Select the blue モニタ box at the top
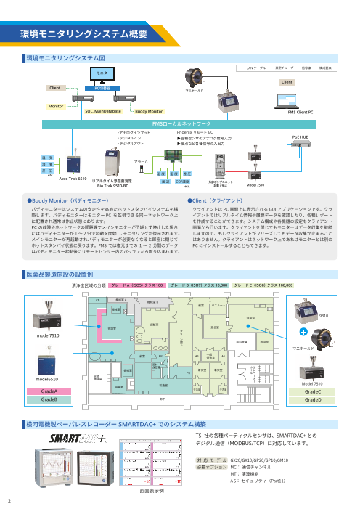(102, 74)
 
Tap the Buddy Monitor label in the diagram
(149, 113)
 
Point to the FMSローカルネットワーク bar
(180, 124)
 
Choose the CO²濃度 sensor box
(182, 182)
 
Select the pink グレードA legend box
(117, 286)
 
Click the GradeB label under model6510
(50, 399)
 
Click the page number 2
(9, 500)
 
